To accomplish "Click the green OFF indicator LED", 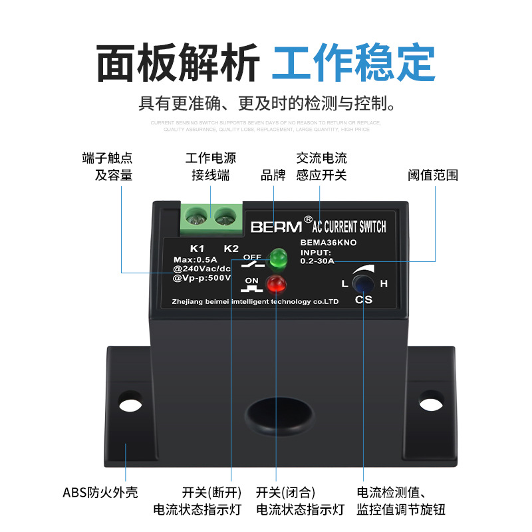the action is [x=277, y=256].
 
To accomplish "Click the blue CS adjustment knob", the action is [x=363, y=284].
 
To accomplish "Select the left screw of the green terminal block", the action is [x=195, y=215].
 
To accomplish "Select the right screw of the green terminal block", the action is [x=225, y=215].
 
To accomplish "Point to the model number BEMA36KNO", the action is [x=329, y=243].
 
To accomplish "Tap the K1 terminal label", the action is [x=198, y=249].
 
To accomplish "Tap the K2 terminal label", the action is [x=231, y=249].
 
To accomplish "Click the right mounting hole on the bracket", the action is [x=431, y=401].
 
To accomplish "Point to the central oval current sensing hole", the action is [x=279, y=418].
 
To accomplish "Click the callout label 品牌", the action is [x=273, y=176].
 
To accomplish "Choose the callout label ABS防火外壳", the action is [x=100, y=493].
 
